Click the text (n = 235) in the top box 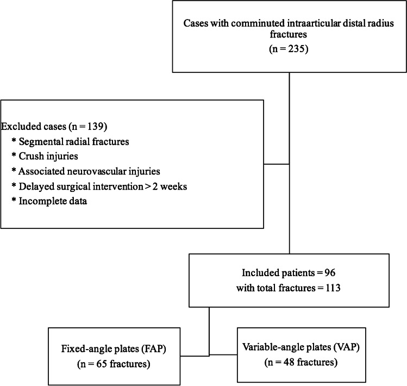[x=289, y=49]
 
